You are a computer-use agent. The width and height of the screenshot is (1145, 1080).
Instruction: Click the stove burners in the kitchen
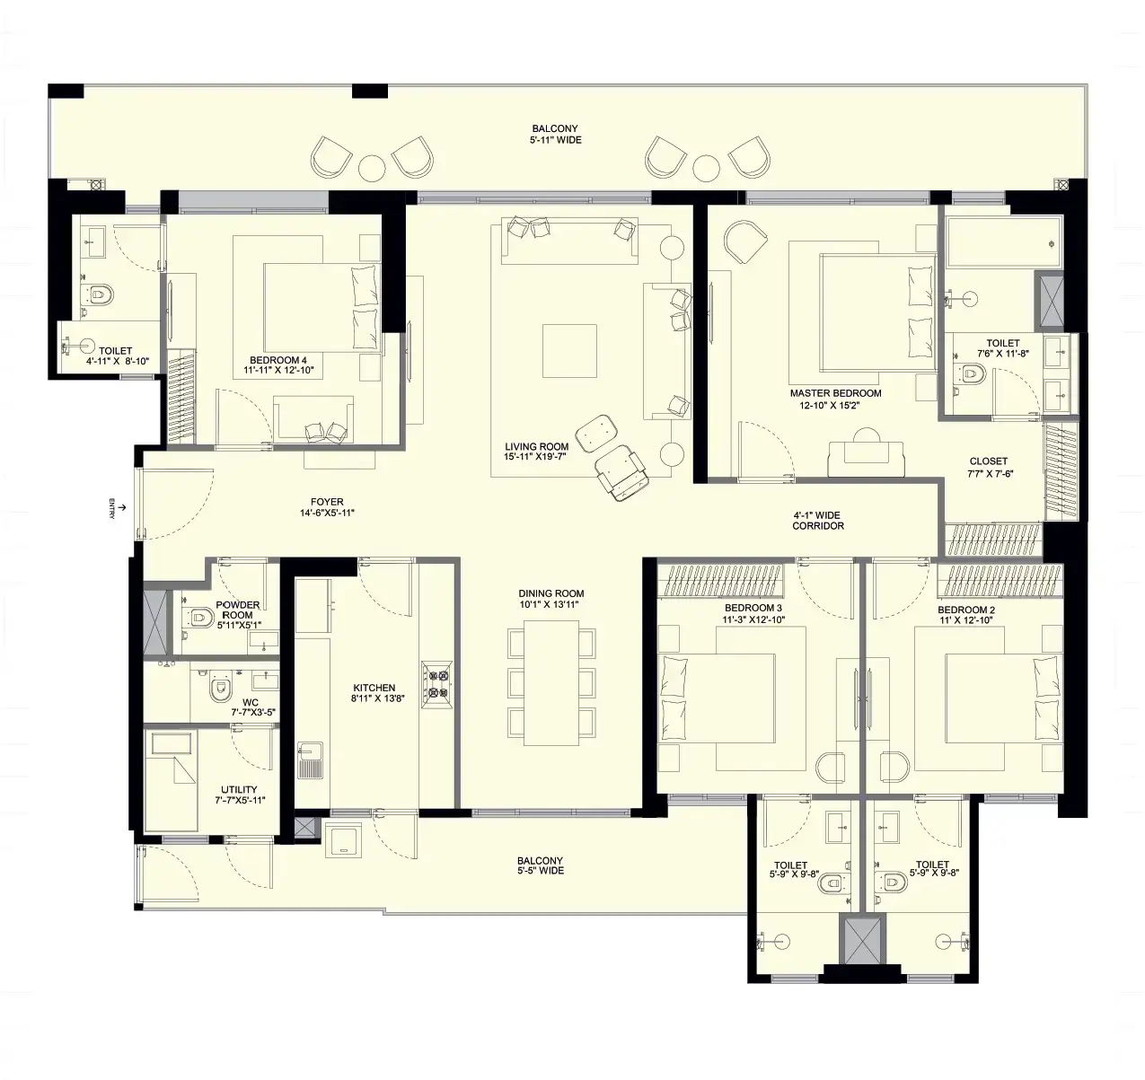pos(437,680)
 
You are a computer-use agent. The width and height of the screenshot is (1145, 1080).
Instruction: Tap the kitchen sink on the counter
pos(311,760)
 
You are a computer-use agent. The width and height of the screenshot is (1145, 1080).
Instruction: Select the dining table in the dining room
pos(550,682)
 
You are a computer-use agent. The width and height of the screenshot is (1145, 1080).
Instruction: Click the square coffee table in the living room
pos(569,351)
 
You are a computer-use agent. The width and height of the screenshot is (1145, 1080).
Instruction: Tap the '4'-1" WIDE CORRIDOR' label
pos(817,521)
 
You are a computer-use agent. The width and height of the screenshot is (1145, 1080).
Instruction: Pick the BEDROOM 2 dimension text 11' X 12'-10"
pos(965,620)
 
